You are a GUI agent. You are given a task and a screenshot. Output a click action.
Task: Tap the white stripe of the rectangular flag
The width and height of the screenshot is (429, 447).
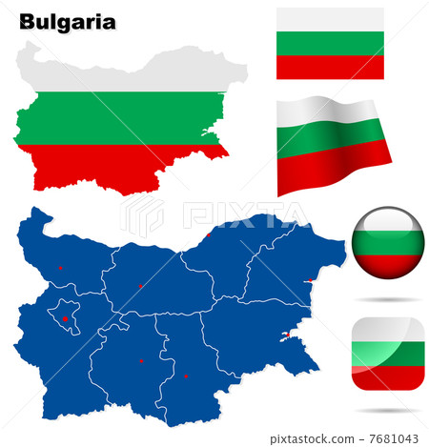pyautogui.click(x=330, y=19)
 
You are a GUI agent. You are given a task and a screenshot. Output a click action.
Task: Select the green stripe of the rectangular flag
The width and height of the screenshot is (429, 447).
pyautogui.click(x=330, y=43)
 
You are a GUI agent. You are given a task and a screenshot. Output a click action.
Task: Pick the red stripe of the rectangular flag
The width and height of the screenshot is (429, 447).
pyautogui.click(x=330, y=67)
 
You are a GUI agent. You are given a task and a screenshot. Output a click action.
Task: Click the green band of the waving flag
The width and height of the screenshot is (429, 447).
pyautogui.click(x=334, y=141)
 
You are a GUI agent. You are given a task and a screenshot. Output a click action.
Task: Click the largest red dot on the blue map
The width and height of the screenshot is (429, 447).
pyautogui.click(x=65, y=318)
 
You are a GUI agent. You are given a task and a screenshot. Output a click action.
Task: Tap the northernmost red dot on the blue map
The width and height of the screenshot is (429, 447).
pyautogui.click(x=209, y=234)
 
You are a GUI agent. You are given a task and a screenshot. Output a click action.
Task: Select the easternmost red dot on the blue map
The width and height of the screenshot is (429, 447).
pyautogui.click(x=308, y=279)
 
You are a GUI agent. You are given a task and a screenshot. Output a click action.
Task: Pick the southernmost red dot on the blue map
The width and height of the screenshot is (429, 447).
pyautogui.click(x=186, y=376)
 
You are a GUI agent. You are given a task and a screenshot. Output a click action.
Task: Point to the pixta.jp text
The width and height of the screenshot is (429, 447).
pyautogui.click(x=295, y=437)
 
